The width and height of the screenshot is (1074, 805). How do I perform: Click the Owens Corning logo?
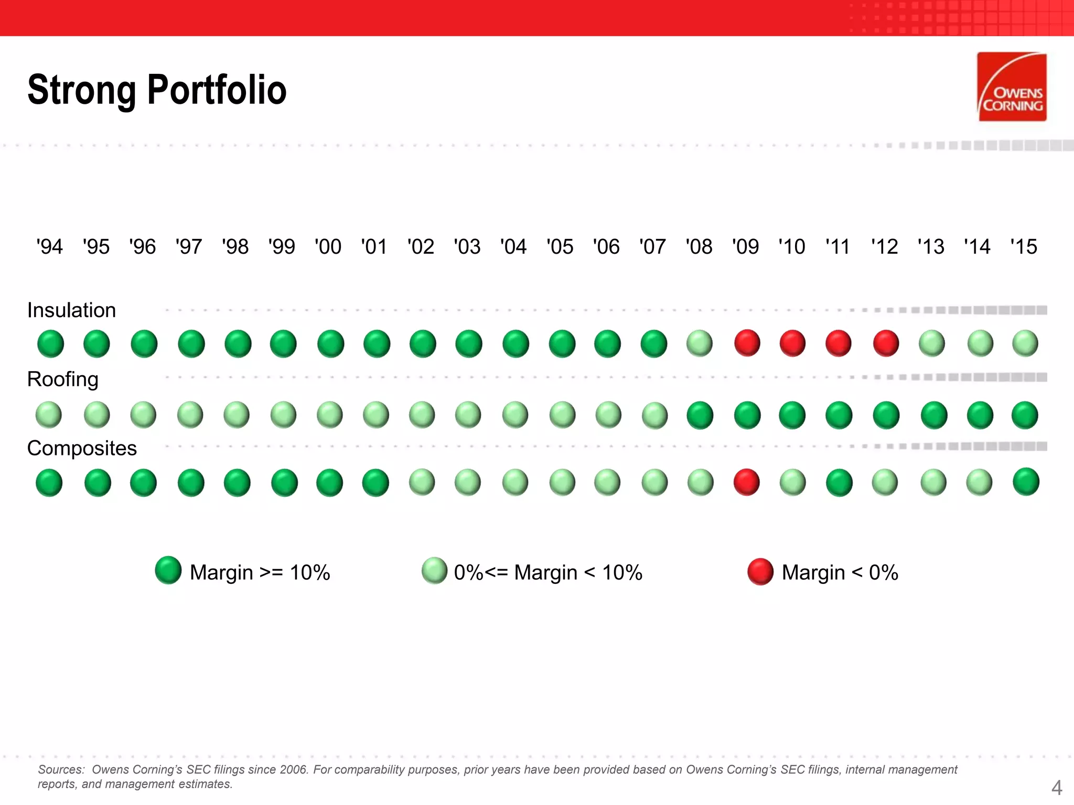(x=1012, y=86)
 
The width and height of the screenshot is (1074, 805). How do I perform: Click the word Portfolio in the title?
(x=217, y=90)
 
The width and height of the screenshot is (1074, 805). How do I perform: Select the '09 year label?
(x=745, y=246)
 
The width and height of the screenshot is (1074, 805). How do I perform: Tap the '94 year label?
(x=49, y=246)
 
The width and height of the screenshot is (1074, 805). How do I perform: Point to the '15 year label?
(x=1024, y=246)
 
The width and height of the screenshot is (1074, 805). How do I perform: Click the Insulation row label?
(x=71, y=310)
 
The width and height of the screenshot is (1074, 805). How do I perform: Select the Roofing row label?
(x=62, y=379)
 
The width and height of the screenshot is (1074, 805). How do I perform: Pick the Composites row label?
(x=82, y=448)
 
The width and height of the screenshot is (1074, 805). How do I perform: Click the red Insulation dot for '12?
(x=886, y=344)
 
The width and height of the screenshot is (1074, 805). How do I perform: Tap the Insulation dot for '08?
(x=700, y=344)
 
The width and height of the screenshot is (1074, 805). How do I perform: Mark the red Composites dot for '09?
(x=746, y=482)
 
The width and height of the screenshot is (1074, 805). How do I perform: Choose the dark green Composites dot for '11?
(x=839, y=482)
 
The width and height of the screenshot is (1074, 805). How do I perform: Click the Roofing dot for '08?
(x=700, y=415)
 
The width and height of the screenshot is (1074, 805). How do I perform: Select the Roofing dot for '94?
(x=49, y=415)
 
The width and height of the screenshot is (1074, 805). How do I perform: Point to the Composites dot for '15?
(x=1026, y=482)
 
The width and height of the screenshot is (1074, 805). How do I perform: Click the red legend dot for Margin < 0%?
(x=760, y=572)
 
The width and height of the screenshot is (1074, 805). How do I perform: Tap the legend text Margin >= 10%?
(x=260, y=572)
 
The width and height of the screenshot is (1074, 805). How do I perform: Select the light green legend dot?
(x=434, y=571)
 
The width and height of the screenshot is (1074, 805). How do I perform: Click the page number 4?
(x=1057, y=787)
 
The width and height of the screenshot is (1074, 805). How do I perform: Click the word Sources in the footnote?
(x=60, y=769)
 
